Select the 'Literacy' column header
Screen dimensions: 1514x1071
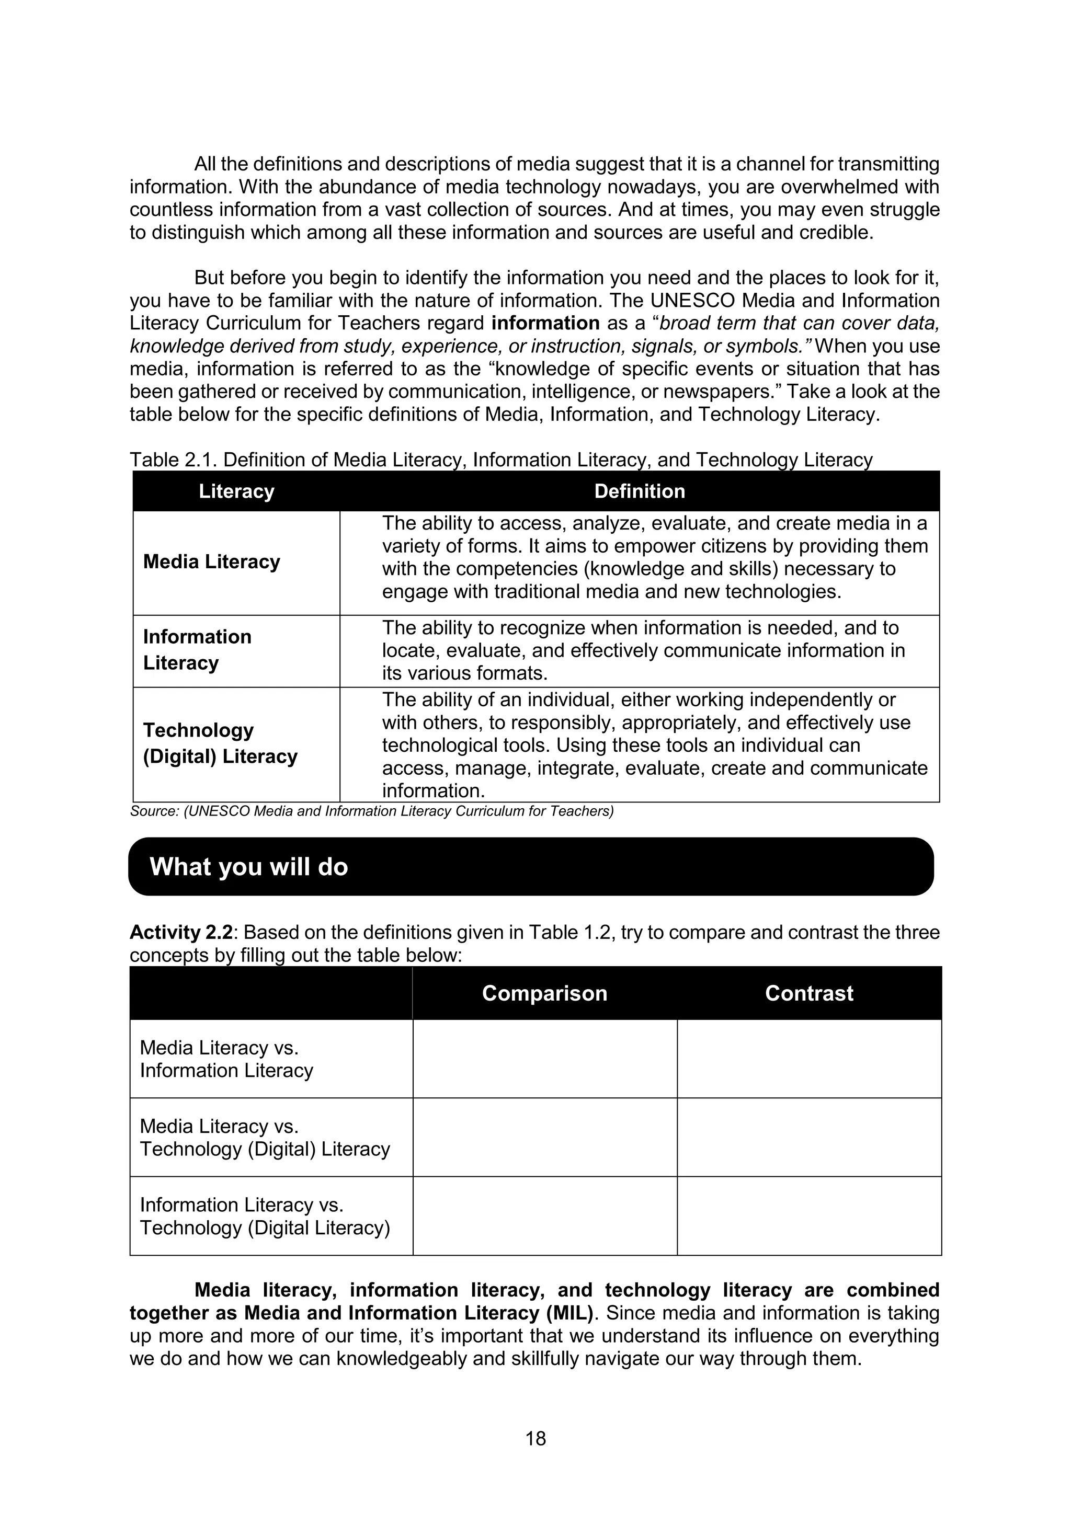[x=236, y=491]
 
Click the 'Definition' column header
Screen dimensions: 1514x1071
[x=639, y=491]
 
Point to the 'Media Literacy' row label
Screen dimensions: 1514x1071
[x=212, y=562]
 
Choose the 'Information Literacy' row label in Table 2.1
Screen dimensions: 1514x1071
[x=197, y=649]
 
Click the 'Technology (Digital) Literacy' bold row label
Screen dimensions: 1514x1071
[x=220, y=743]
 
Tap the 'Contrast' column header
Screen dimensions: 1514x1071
[x=808, y=993]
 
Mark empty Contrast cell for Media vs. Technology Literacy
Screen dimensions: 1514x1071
[x=808, y=1138]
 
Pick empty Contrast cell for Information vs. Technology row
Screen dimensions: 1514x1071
[x=808, y=1216]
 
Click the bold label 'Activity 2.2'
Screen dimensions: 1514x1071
[x=181, y=933]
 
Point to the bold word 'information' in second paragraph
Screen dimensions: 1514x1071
[x=545, y=323]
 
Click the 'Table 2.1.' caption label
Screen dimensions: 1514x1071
[x=173, y=460]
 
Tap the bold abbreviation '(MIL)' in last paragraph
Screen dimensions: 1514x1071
[x=570, y=1313]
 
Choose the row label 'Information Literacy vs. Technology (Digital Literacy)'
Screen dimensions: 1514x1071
[x=265, y=1216]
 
